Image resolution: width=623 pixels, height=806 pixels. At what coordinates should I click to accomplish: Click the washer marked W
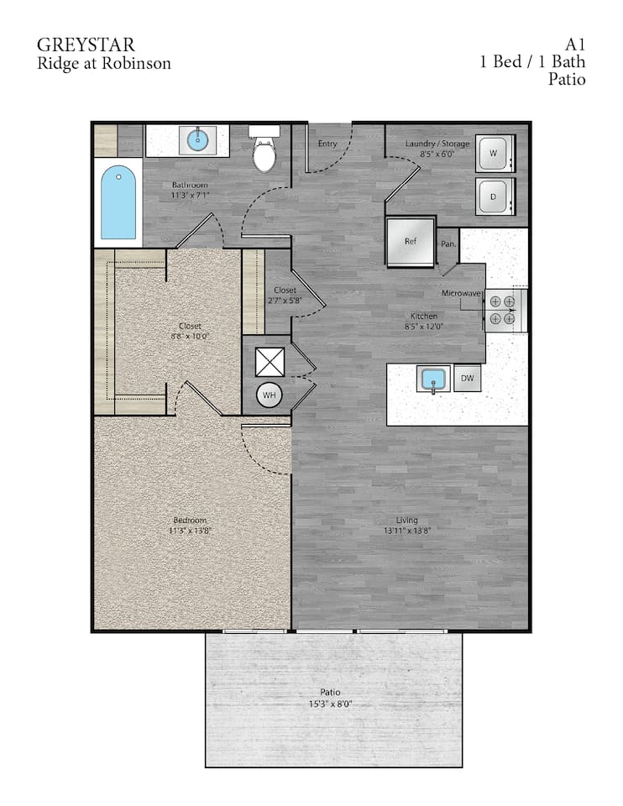click(494, 153)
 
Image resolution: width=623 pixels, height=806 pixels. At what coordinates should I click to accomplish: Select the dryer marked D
click(494, 197)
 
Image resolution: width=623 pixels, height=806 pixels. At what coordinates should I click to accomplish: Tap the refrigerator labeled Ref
click(411, 241)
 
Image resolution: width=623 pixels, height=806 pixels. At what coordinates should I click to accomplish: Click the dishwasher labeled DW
click(468, 379)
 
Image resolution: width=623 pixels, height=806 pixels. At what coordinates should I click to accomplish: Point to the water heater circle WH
click(270, 395)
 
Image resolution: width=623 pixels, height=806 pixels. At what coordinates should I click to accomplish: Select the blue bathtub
click(118, 202)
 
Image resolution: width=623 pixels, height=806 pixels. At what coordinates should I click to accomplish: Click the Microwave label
click(463, 294)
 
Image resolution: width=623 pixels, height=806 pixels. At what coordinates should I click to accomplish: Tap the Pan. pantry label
click(449, 243)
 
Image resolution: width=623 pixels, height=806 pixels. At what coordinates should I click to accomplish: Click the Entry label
click(327, 144)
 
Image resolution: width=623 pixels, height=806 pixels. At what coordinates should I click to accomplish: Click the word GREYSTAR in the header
click(86, 44)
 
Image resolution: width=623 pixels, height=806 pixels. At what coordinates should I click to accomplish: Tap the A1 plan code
click(575, 44)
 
